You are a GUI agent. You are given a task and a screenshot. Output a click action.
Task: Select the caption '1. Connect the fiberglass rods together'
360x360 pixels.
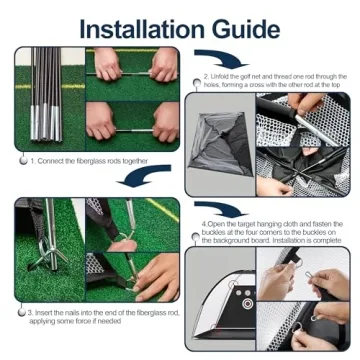tap(90, 160)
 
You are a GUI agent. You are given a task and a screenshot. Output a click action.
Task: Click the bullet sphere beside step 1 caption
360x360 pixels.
tap(21, 159)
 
